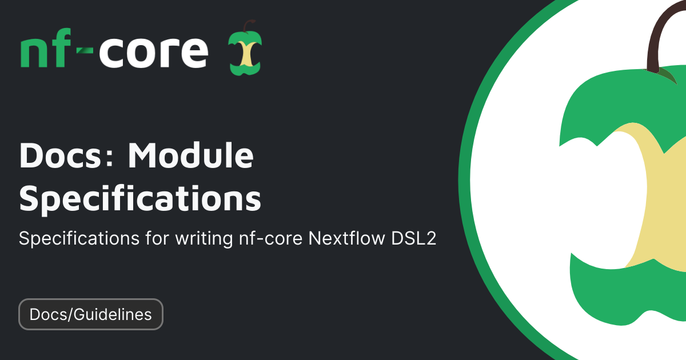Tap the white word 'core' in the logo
tap(154, 52)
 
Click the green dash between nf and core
tap(85, 50)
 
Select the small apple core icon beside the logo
tap(245, 48)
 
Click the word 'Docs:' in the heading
tap(66, 155)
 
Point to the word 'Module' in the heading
tap(190, 155)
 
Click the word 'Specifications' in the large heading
tap(140, 198)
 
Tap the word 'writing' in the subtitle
tap(204, 239)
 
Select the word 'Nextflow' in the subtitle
tap(346, 238)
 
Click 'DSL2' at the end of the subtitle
tap(413, 238)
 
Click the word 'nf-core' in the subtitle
tap(271, 238)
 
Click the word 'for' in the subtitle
tap(157, 238)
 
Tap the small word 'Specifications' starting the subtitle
tap(79, 239)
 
